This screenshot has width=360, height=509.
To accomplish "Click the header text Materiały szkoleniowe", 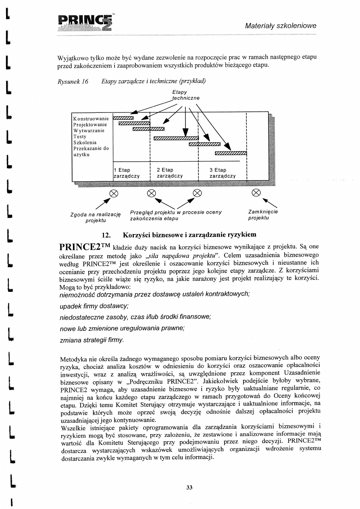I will pyautogui.click(x=281, y=26).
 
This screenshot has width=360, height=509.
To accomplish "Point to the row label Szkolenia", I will pyautogui.click(x=84, y=143).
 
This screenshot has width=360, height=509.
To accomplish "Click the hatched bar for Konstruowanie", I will pyautogui.click(x=123, y=118).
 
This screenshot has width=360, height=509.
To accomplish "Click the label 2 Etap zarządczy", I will pyautogui.click(x=170, y=173).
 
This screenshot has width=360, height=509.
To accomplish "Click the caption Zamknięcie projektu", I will pyautogui.click(x=264, y=215).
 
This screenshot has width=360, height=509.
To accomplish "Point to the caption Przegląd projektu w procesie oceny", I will pyautogui.click(x=176, y=212).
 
